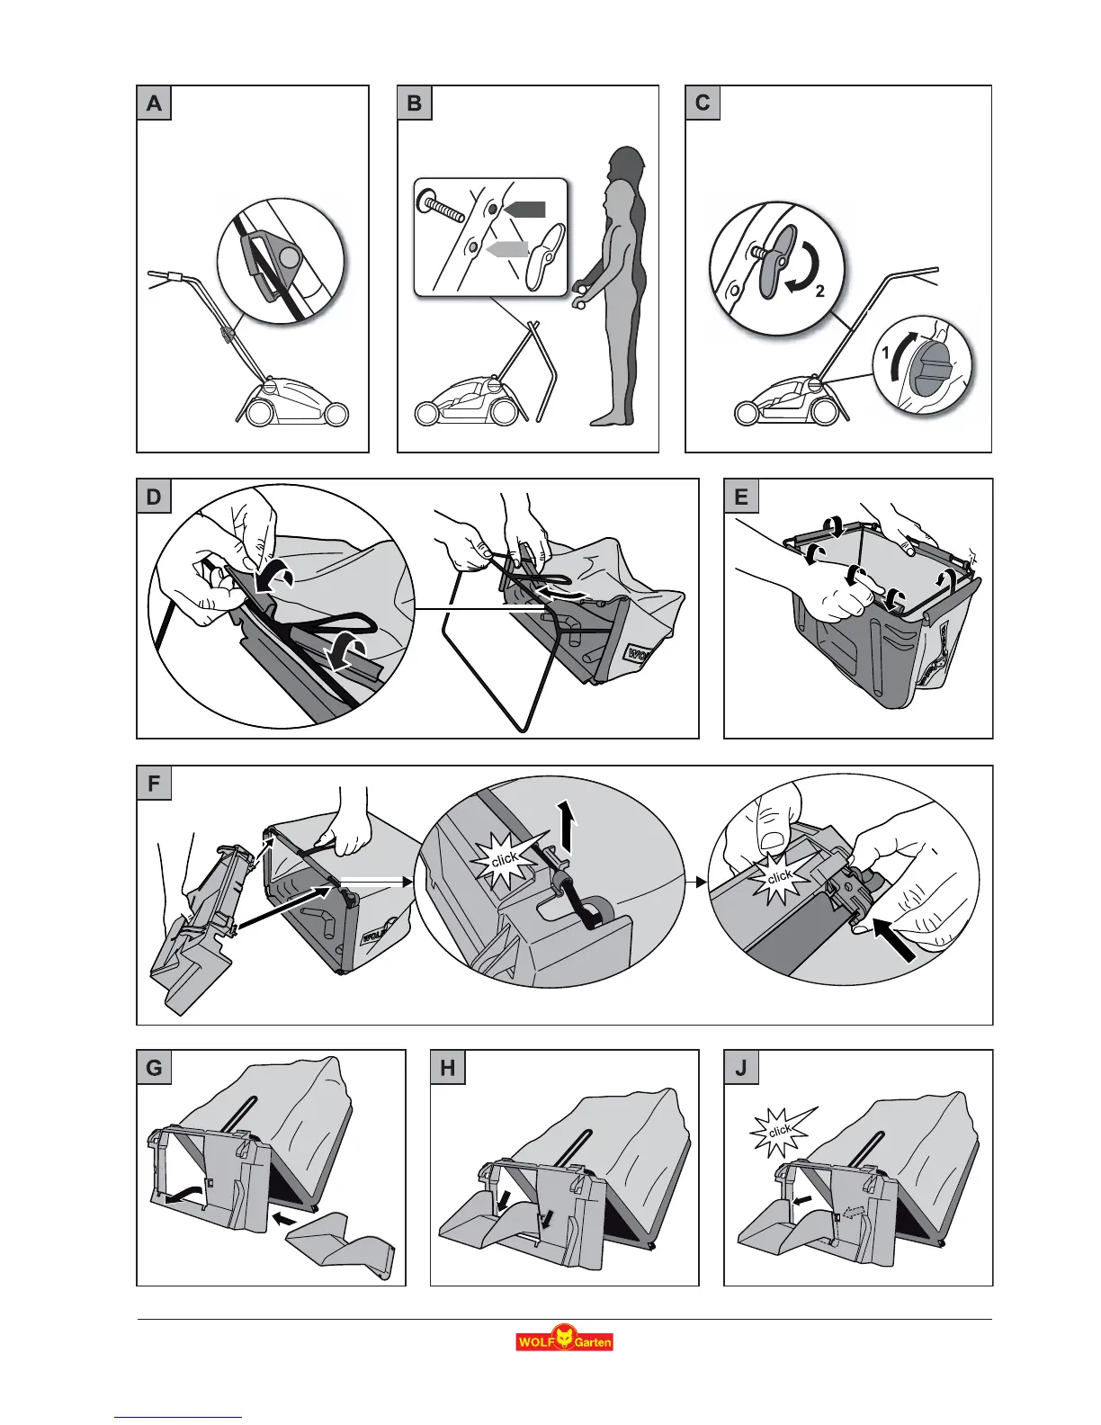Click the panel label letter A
click(154, 103)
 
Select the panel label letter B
click(415, 103)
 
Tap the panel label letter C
click(703, 103)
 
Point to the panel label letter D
click(154, 497)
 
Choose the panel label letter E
click(741, 497)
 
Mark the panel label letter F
click(154, 784)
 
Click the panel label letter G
click(154, 1068)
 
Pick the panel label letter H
click(448, 1068)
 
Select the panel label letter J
click(741, 1068)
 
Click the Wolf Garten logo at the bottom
click(564, 1340)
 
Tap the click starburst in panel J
click(779, 1130)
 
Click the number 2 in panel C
click(819, 291)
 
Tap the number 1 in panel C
click(885, 355)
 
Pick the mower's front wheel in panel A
click(337, 413)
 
